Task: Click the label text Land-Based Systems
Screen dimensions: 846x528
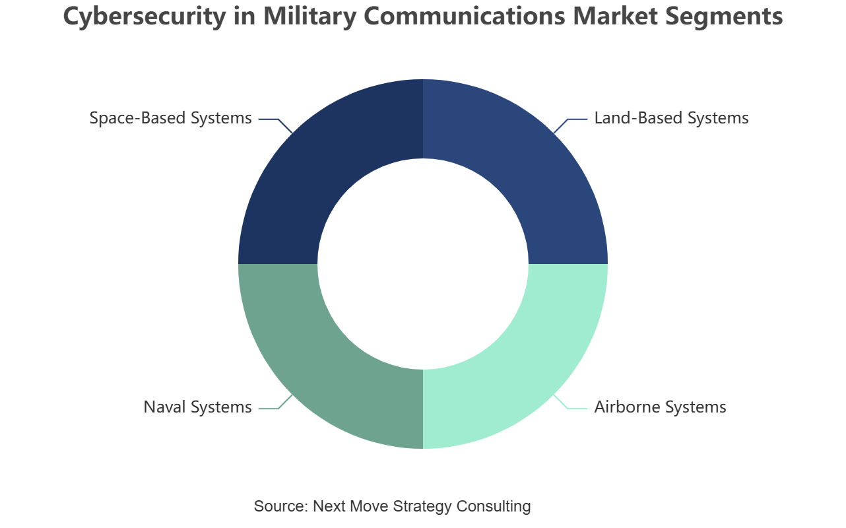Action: click(671, 118)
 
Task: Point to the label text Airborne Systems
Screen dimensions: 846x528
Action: click(660, 407)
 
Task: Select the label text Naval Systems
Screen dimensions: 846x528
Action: click(197, 407)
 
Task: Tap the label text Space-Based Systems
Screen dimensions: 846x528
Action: click(171, 118)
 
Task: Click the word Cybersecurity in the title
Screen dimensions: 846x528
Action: click(145, 16)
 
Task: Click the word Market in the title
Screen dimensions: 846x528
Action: click(615, 16)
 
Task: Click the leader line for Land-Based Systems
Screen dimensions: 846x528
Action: click(570, 126)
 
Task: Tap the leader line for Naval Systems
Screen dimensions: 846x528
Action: click(276, 402)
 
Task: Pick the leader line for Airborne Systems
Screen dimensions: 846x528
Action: click(570, 402)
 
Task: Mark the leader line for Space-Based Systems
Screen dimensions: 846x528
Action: click(276, 126)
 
